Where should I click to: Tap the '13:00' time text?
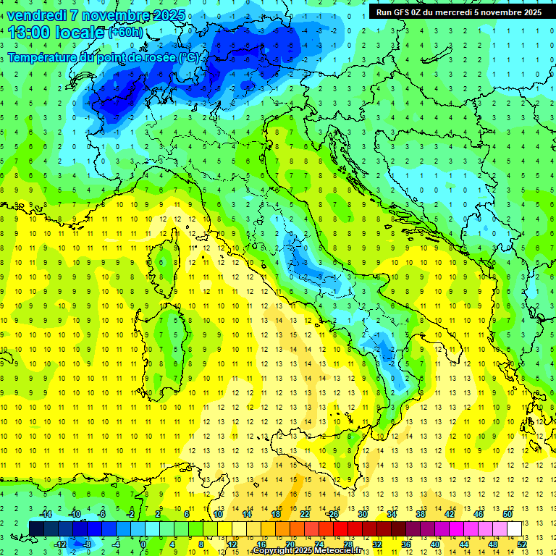tap(30, 33)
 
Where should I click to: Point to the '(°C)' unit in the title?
tap(188, 57)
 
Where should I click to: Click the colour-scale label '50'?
tap(507, 513)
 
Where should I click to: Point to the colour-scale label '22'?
tap(305, 513)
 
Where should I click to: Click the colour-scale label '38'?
tap(421, 513)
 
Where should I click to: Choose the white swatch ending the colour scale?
tap(515, 528)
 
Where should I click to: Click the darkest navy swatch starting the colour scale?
tap(37, 528)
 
